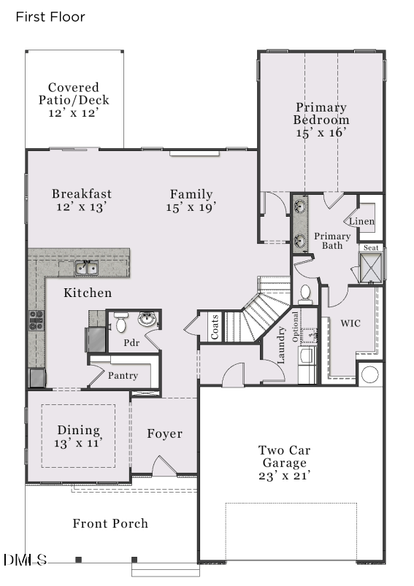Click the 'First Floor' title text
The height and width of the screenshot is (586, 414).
pos(50,17)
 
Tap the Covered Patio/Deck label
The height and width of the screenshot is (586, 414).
pos(74,101)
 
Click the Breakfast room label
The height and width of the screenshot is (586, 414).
pos(82,194)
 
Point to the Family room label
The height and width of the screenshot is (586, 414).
pos(191,194)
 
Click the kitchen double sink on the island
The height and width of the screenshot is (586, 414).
pos(87,269)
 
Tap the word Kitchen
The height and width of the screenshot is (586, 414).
pos(88,293)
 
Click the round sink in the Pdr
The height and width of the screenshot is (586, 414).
pos(147,319)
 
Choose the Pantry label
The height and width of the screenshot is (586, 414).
pos(123,375)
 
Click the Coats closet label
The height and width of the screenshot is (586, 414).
pos(215,327)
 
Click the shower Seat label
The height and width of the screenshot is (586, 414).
pos(372,248)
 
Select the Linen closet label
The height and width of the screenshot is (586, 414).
pos(361,221)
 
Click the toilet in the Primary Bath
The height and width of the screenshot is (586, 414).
pos(306,293)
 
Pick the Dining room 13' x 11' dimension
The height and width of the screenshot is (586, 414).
pos(78,442)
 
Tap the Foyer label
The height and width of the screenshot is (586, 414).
pos(164,434)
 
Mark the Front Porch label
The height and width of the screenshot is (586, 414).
pos(110,523)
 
